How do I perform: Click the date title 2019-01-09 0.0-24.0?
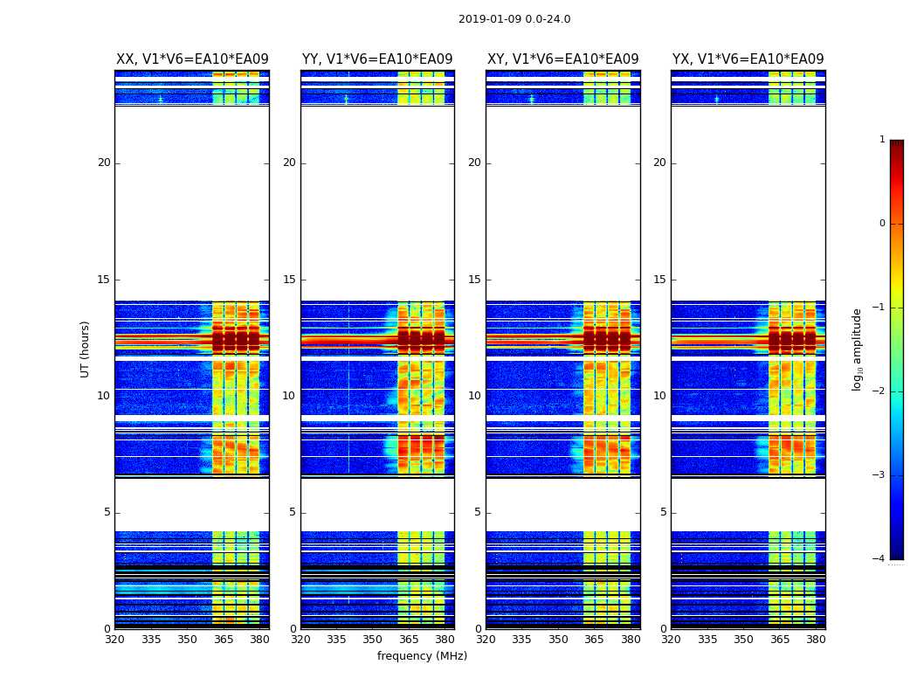coord(514,19)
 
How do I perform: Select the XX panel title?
coord(192,59)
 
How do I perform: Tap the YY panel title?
coord(377,59)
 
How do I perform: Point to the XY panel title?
coord(562,59)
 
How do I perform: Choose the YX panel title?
coord(748,59)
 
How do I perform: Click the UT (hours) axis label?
coord(86,349)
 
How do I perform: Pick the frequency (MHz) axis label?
coord(422,656)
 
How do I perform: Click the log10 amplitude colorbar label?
coord(858,349)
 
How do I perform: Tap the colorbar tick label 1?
coord(882,140)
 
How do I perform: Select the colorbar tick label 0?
coord(882,224)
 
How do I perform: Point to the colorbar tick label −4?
coord(879,559)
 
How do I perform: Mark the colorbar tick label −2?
coord(879,391)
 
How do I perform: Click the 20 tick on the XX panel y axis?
coord(104,163)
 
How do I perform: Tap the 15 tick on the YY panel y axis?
coord(289,280)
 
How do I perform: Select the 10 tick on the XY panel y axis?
coord(474,396)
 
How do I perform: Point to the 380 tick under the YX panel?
coord(816,640)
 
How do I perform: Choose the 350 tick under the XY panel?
coord(558,640)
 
